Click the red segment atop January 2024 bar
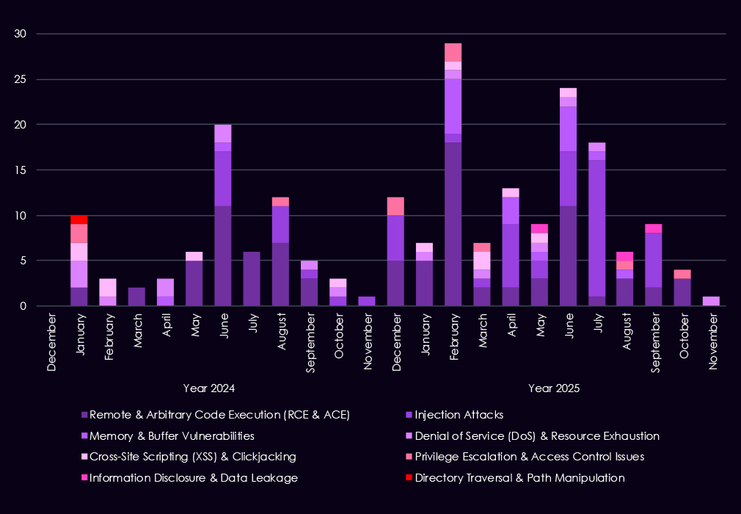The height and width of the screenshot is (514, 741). pos(79,220)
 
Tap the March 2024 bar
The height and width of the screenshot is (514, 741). pos(137,297)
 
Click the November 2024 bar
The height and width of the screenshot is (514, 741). pos(367,301)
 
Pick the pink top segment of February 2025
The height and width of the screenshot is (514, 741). pos(453,52)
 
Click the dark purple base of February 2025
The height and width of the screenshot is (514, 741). pos(453,224)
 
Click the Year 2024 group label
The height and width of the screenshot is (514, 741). pos(209,387)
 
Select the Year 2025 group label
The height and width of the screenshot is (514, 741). pos(554,387)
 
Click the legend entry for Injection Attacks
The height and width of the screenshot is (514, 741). pos(459,415)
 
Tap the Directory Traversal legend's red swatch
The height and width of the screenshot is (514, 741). pos(409,478)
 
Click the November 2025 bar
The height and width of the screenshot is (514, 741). pos(712,301)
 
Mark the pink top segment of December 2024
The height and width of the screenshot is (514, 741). pos(396,206)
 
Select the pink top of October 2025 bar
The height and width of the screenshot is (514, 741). pos(683,274)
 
